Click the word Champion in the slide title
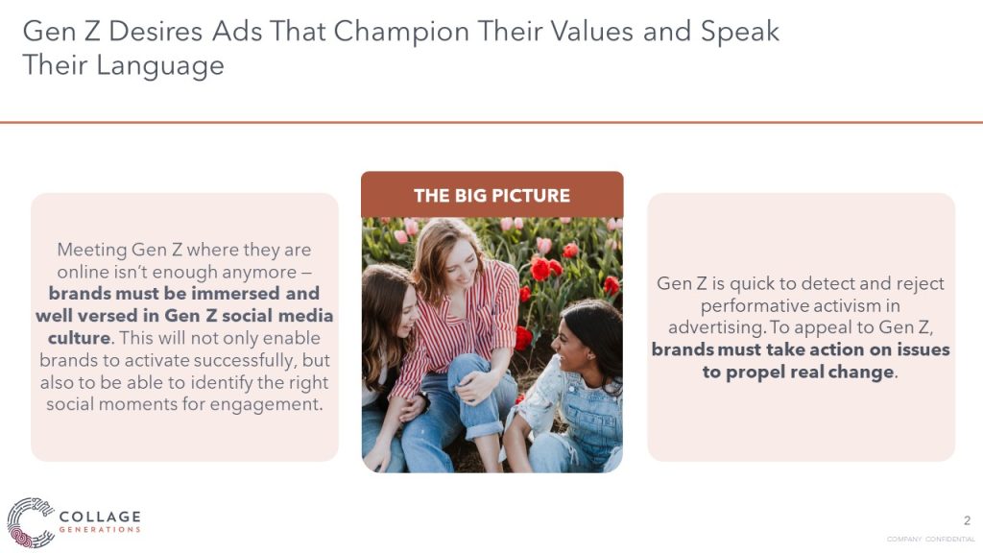click(x=401, y=33)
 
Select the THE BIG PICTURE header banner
click(x=492, y=195)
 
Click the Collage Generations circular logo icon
click(x=31, y=522)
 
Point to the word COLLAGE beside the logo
click(x=100, y=517)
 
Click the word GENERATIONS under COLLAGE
click(x=100, y=530)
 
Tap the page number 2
click(x=967, y=520)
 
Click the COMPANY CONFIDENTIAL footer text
click(x=930, y=540)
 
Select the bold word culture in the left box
click(x=80, y=338)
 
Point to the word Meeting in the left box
click(x=92, y=251)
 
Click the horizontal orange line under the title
click(x=491, y=122)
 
